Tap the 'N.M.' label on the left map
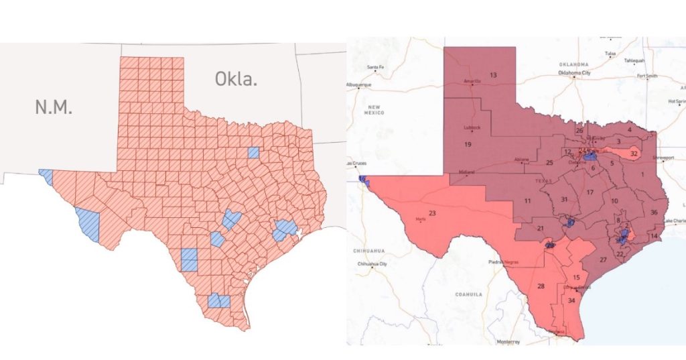click(x=54, y=106)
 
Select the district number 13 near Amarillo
click(x=493, y=74)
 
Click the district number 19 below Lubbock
click(x=468, y=144)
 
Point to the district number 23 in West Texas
click(x=432, y=213)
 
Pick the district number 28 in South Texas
click(x=541, y=286)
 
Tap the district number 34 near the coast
click(x=571, y=300)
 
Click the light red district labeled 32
click(x=633, y=154)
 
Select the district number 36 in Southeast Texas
click(x=654, y=213)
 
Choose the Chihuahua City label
click(x=373, y=263)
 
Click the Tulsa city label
click(x=610, y=54)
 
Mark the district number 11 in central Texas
click(x=528, y=201)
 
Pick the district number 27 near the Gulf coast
click(x=603, y=259)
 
